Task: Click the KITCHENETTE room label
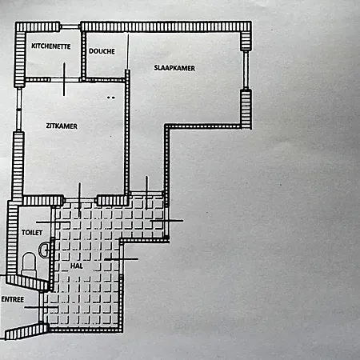pyautogui.click(x=51, y=46)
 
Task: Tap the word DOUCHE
pyautogui.click(x=102, y=51)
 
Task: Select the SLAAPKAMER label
pyautogui.click(x=174, y=68)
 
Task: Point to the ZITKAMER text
pyautogui.click(x=62, y=126)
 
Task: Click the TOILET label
pyautogui.click(x=32, y=233)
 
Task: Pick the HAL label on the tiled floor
pyautogui.click(x=77, y=266)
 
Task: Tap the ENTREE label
pyautogui.click(x=13, y=299)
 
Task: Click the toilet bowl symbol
pyautogui.click(x=29, y=262)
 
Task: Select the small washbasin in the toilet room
pyautogui.click(x=44, y=250)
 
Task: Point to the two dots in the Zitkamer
pyautogui.click(x=111, y=98)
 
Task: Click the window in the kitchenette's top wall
pyautogui.click(x=70, y=26)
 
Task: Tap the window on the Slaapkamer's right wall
pyautogui.click(x=246, y=70)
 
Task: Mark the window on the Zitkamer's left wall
pyautogui.click(x=18, y=110)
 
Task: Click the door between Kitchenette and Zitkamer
pyautogui.click(x=65, y=79)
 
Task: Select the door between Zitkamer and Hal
pyautogui.click(x=80, y=200)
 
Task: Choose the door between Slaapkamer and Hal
pyautogui.click(x=146, y=194)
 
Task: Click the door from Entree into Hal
pyautogui.click(x=41, y=307)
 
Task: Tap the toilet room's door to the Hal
pyautogui.click(x=53, y=222)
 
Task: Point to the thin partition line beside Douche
pyautogui.click(x=128, y=51)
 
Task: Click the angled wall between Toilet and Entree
pyautogui.click(x=29, y=282)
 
